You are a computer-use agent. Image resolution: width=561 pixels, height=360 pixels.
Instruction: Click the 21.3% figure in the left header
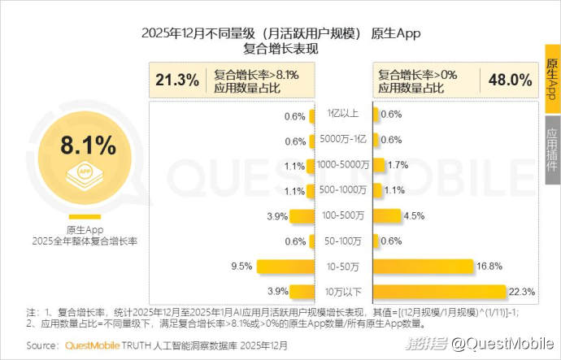(x=177, y=80)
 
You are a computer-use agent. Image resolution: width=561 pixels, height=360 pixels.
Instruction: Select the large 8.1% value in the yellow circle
(x=88, y=146)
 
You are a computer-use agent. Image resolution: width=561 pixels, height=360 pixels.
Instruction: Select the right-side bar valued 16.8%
(x=423, y=266)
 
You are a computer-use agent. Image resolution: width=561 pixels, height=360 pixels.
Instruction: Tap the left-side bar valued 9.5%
(x=285, y=266)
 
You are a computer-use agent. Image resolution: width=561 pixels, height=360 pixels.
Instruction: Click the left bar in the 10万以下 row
(x=302, y=291)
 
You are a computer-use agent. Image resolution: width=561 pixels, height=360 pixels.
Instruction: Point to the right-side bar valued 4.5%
(x=387, y=215)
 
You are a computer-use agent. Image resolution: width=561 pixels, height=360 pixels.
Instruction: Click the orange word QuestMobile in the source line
(x=95, y=345)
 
